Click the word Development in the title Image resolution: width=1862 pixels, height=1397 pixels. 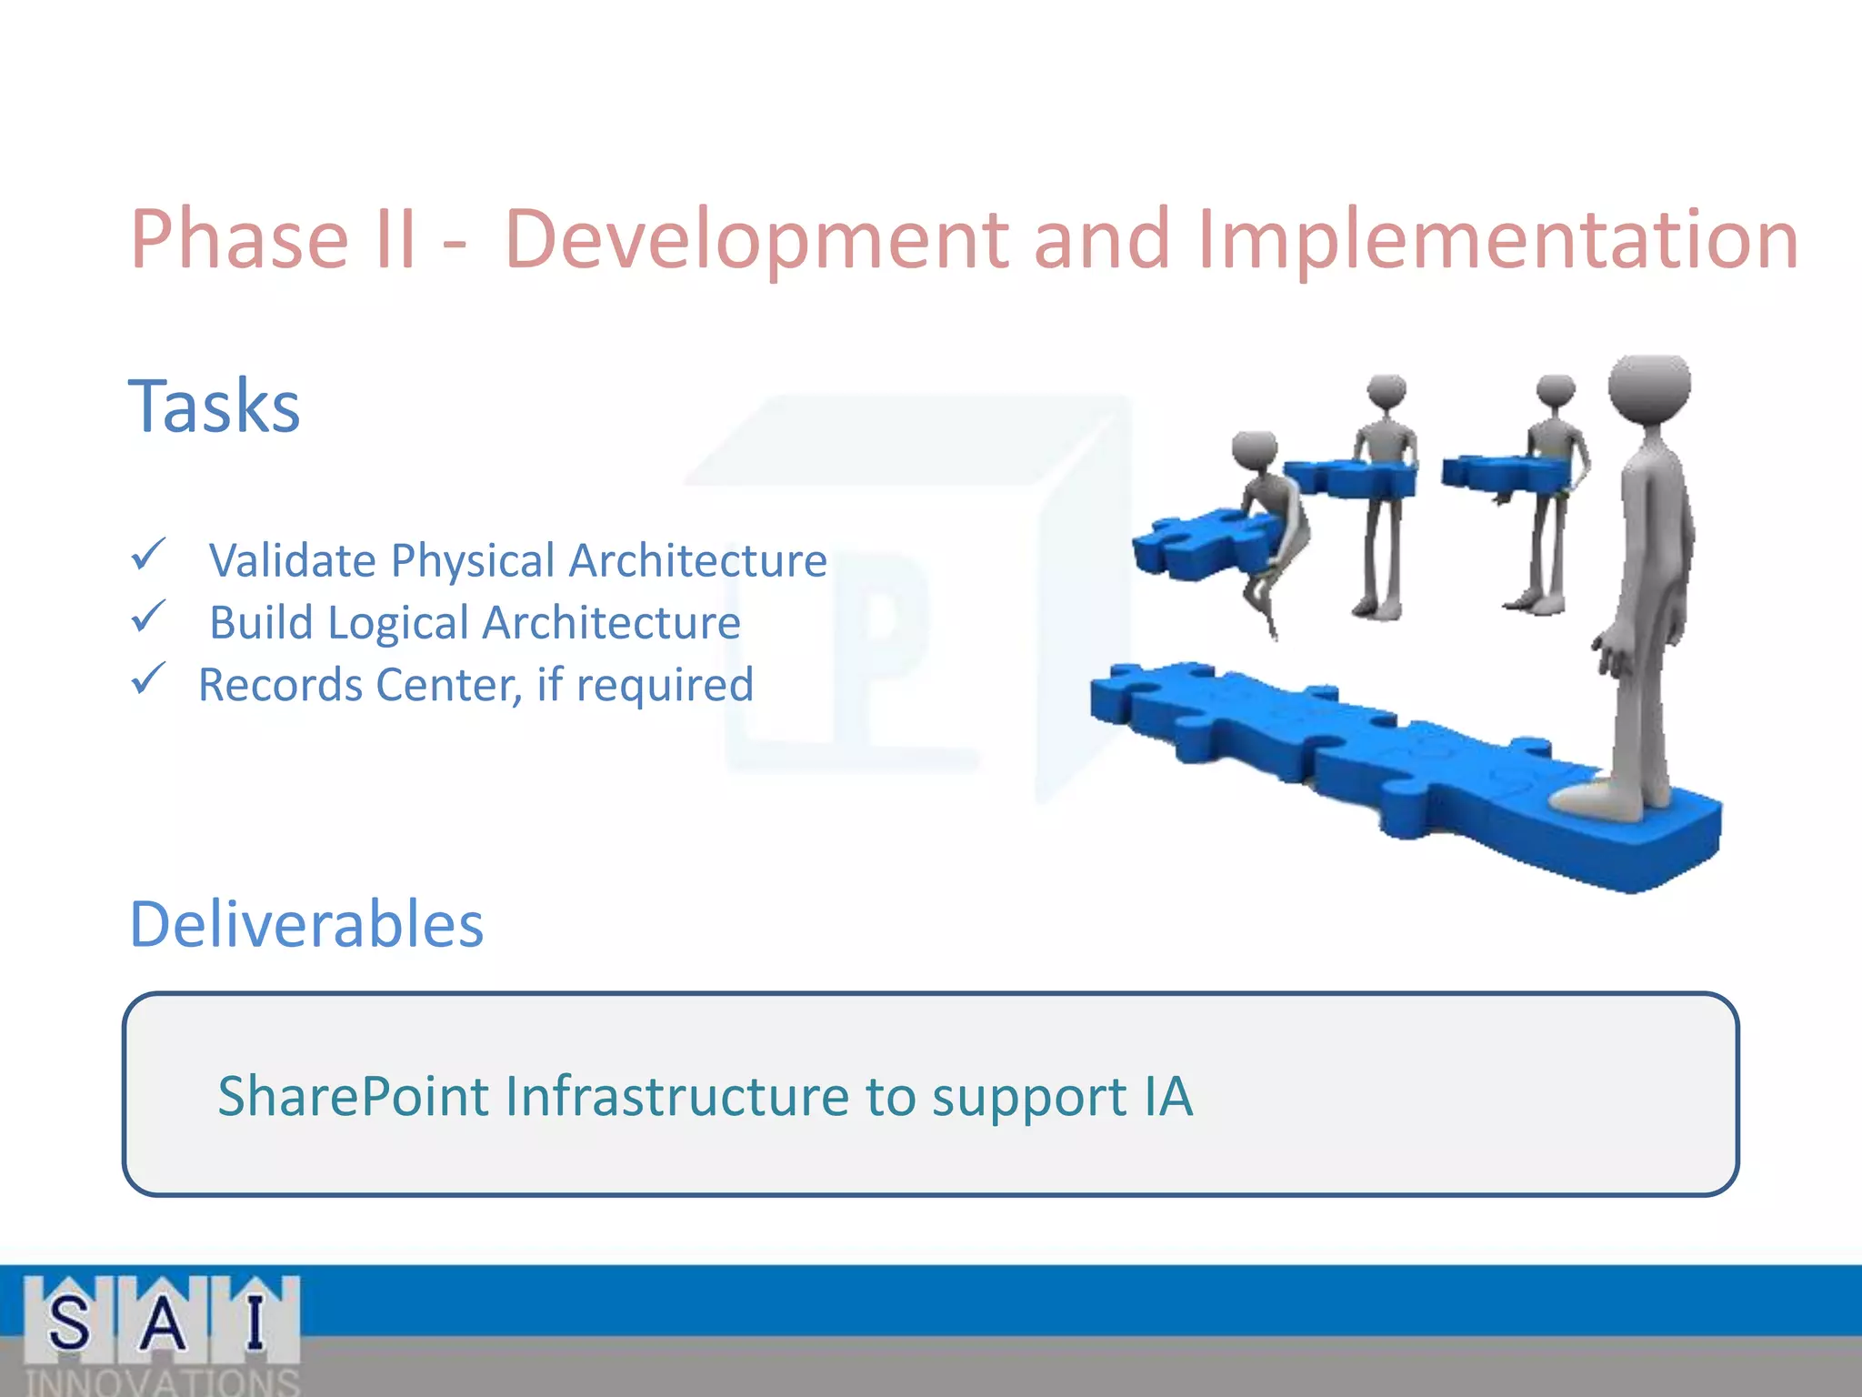(x=756, y=238)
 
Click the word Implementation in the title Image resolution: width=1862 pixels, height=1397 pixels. (x=1498, y=238)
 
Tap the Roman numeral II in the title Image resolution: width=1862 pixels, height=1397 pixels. (x=395, y=238)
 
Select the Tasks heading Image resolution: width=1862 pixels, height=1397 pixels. (x=215, y=406)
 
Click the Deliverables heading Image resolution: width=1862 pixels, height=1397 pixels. (x=306, y=924)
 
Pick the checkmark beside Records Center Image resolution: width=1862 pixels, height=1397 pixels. (x=148, y=678)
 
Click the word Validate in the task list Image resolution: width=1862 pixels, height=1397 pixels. (x=292, y=560)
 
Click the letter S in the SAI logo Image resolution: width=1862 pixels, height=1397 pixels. (x=69, y=1322)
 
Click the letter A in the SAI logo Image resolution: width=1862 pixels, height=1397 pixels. (x=163, y=1322)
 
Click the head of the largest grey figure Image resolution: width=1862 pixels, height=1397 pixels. (x=1648, y=387)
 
